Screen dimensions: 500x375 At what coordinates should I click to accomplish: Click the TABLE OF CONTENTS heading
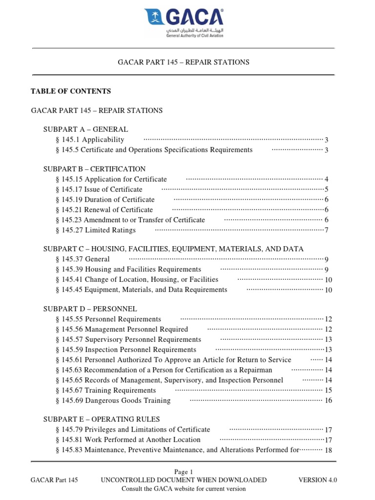[71, 91]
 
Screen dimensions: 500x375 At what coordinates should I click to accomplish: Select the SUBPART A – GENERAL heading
[85, 129]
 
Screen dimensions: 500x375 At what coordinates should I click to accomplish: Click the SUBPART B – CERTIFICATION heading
[94, 169]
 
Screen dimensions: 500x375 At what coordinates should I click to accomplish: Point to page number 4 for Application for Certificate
[326, 179]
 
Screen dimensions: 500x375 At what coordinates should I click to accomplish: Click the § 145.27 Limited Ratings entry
[96, 230]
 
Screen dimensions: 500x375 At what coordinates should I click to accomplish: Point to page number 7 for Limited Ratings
[326, 230]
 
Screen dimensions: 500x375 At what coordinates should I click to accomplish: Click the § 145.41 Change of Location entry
[137, 280]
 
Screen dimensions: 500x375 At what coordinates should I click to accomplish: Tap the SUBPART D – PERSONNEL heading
[90, 309]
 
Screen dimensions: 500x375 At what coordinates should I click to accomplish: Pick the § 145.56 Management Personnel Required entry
[122, 330]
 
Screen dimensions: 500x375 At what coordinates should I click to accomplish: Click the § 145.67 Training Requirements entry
[106, 390]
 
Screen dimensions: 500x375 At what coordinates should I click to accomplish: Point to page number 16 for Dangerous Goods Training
[328, 400]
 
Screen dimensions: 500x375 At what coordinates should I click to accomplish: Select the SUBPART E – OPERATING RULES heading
[102, 419]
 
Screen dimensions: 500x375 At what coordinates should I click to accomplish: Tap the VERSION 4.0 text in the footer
[317, 480]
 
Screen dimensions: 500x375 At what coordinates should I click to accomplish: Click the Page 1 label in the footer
[184, 472]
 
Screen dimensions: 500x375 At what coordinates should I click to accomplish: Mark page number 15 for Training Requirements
[328, 390]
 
